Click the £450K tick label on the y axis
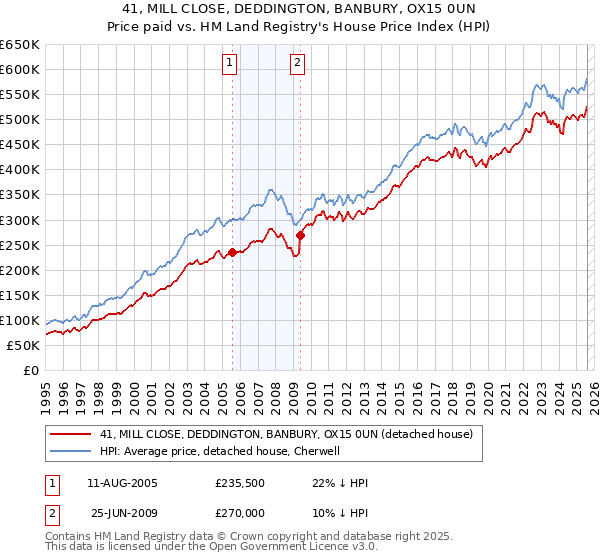pos(20,145)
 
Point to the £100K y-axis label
pos(20,320)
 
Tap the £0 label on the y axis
pos(30,370)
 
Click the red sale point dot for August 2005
pos(232,252)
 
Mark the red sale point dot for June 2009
pos(300,235)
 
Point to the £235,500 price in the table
pos(238,483)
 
